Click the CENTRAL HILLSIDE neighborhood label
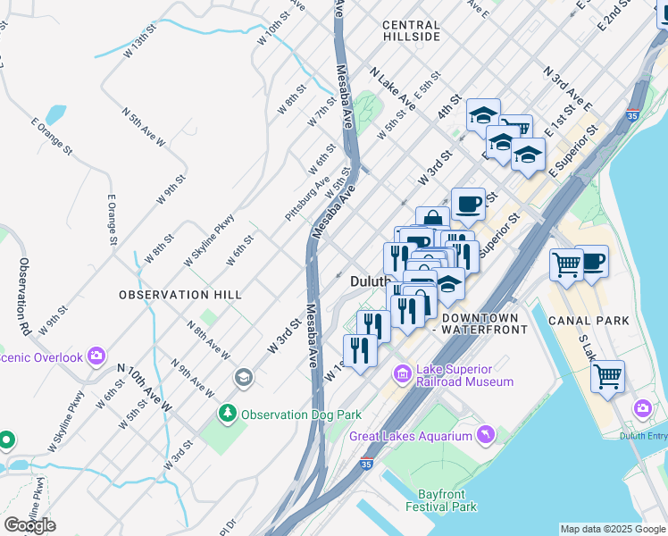click(411, 31)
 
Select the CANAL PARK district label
click(589, 321)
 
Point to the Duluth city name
click(368, 281)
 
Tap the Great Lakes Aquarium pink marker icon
click(485, 434)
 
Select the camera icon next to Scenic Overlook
click(96, 356)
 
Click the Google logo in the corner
click(29, 524)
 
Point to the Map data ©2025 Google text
click(613, 529)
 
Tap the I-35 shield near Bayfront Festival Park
click(366, 464)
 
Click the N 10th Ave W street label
click(143, 388)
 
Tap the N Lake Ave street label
click(393, 89)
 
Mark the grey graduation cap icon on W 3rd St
click(242, 379)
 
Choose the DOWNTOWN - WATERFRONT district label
click(479, 324)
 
